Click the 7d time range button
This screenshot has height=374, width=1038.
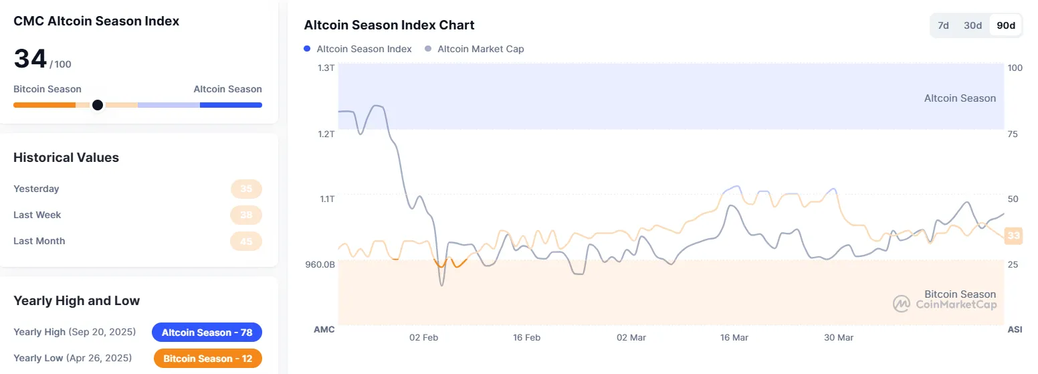[x=943, y=25]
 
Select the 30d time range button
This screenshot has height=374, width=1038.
[x=972, y=25]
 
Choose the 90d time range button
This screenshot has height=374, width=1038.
[x=1005, y=25]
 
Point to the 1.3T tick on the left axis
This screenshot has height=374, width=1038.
[x=326, y=68]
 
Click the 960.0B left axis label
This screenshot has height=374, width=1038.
[x=320, y=264]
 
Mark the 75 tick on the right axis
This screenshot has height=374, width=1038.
[x=1013, y=134]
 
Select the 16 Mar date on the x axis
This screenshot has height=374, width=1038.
[x=734, y=337]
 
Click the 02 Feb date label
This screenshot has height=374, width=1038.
[x=423, y=337]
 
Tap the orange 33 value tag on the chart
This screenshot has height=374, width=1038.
[x=1014, y=236]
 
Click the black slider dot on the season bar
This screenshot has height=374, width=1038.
[x=98, y=105]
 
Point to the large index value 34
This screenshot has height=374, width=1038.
[x=30, y=60]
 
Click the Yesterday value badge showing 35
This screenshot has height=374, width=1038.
[x=246, y=189]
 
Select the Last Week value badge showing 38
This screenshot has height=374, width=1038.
[x=246, y=215]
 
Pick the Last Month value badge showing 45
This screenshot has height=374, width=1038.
[x=246, y=241]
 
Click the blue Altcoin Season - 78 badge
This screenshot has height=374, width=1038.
[x=207, y=333]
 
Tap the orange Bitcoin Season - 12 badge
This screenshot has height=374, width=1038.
[x=207, y=359]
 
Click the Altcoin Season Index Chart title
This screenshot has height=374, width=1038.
[x=389, y=25]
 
